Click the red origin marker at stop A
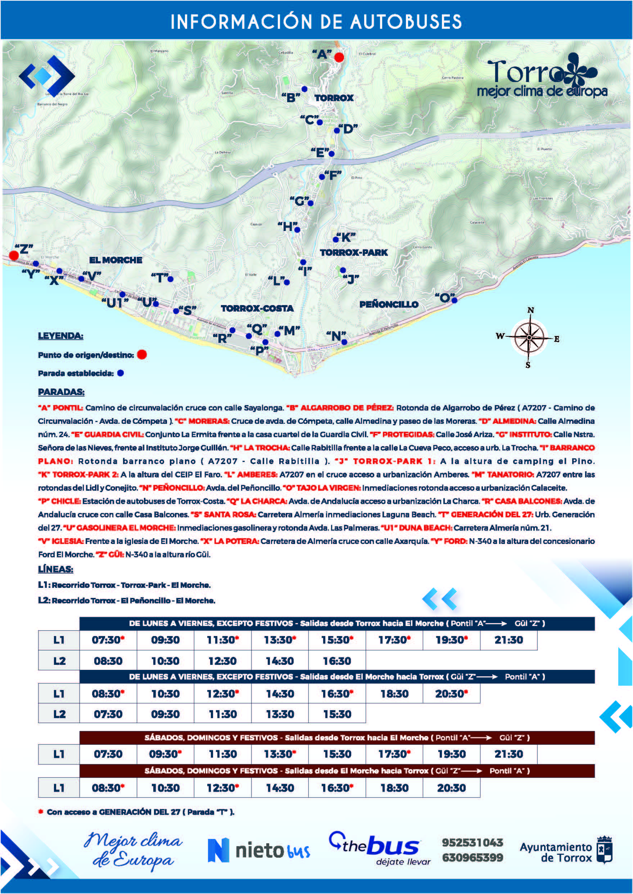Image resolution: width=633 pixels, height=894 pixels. (x=339, y=57)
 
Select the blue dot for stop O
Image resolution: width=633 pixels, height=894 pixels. (x=454, y=300)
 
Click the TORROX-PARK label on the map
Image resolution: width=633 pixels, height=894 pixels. (x=353, y=253)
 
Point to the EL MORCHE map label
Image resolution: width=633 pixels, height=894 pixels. (x=116, y=260)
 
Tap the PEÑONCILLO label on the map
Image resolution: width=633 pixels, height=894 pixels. (x=389, y=304)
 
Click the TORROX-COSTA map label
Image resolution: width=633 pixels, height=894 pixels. (x=257, y=308)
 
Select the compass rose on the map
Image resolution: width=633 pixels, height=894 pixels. (x=529, y=337)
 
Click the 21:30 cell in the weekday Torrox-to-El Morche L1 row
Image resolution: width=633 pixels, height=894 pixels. (x=508, y=640)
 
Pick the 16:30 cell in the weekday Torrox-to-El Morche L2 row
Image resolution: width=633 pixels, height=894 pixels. (x=337, y=661)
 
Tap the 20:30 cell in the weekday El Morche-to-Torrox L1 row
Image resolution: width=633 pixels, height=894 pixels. (x=451, y=694)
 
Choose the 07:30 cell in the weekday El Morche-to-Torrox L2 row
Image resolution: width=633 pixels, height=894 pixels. (x=108, y=714)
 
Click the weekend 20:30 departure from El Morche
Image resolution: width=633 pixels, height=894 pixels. (x=451, y=788)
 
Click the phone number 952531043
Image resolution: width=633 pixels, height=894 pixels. (x=473, y=843)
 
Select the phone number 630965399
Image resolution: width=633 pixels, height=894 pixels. (x=473, y=857)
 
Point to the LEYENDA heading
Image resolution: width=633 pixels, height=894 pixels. (x=60, y=336)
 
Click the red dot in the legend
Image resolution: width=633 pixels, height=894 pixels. (x=142, y=355)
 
